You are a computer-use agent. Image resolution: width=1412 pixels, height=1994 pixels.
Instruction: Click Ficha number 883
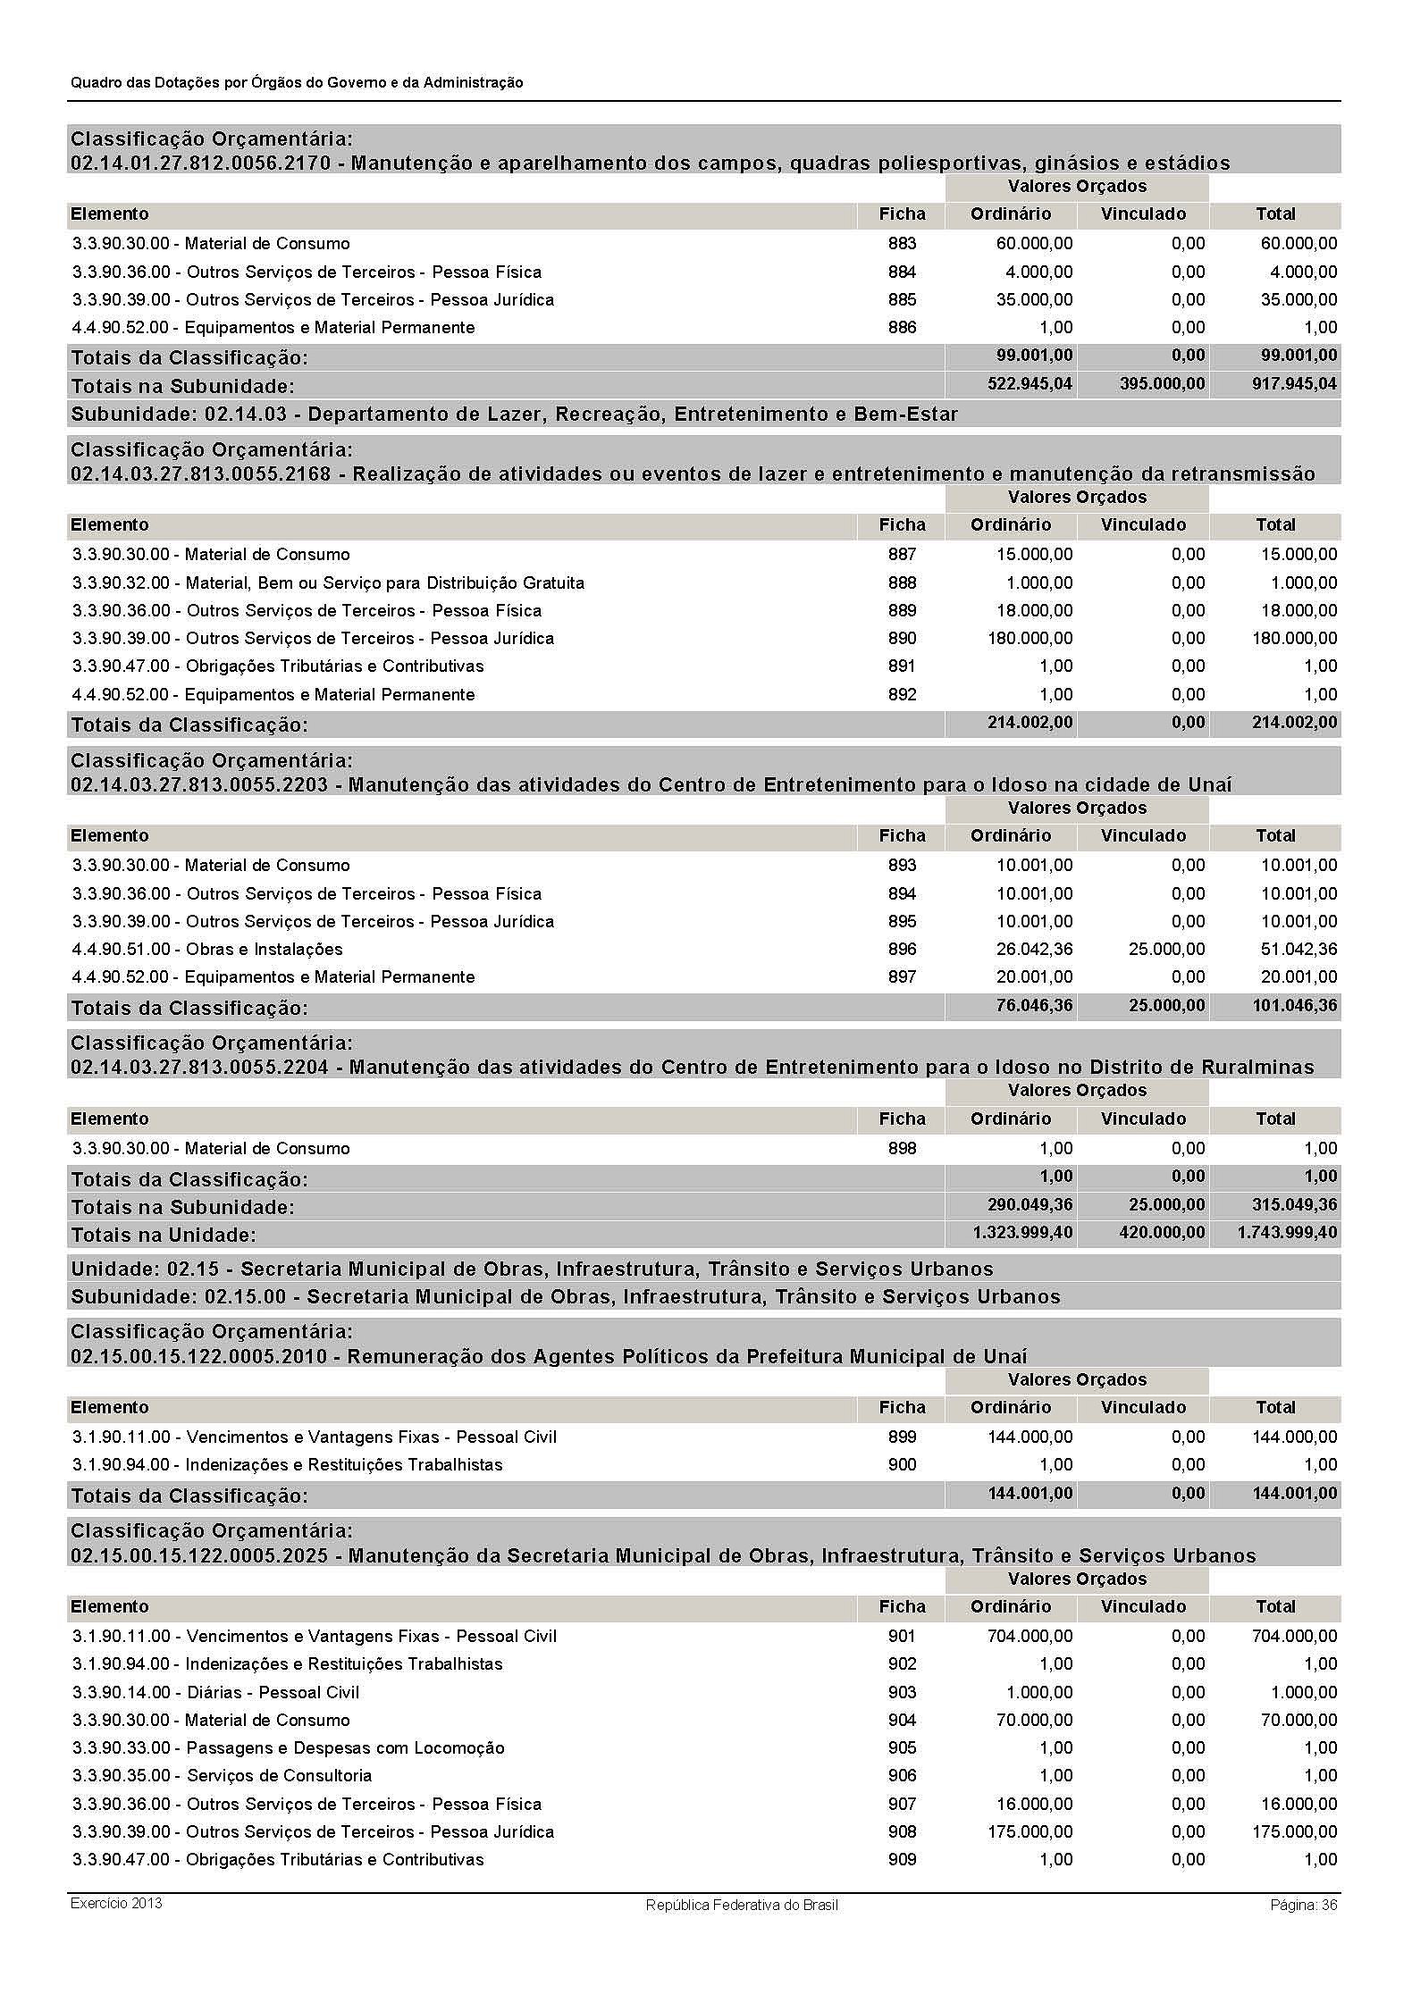pyautogui.click(x=902, y=244)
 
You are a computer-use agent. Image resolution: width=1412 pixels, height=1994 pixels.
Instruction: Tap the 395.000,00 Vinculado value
pyautogui.click(x=1162, y=384)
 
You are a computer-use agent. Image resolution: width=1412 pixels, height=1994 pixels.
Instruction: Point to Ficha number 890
pyautogui.click(x=902, y=639)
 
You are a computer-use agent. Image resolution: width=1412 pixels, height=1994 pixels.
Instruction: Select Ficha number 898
pyautogui.click(x=902, y=1149)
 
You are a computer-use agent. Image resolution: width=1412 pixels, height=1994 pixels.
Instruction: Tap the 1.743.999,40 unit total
pyautogui.click(x=1287, y=1233)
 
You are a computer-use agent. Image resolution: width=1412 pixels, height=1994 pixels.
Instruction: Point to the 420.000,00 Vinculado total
pyautogui.click(x=1162, y=1233)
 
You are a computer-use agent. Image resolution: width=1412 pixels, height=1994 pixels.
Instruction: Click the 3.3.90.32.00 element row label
pyautogui.click(x=328, y=583)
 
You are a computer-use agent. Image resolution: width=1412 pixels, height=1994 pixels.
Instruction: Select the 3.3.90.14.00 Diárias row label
pyautogui.click(x=215, y=1693)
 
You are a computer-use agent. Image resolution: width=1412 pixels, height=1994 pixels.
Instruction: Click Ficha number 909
pyautogui.click(x=902, y=1860)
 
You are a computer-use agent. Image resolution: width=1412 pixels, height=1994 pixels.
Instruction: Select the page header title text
pyautogui.click(x=297, y=82)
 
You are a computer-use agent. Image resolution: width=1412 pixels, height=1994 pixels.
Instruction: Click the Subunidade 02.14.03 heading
pyautogui.click(x=514, y=415)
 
